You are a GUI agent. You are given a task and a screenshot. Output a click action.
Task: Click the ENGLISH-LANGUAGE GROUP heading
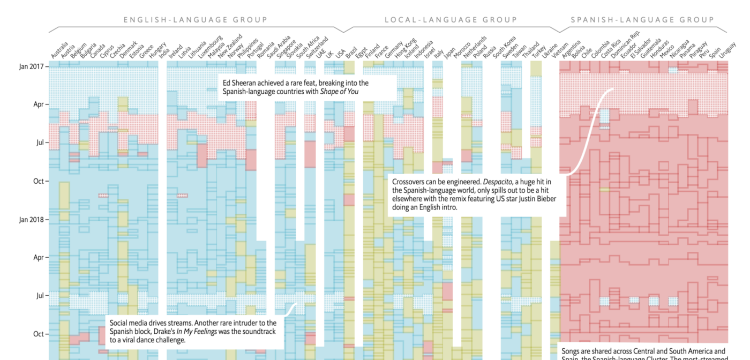[x=195, y=20]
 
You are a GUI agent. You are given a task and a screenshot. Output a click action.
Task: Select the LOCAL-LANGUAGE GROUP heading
[x=451, y=20]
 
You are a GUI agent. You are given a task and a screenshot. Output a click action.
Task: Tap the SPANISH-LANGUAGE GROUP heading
[x=642, y=20]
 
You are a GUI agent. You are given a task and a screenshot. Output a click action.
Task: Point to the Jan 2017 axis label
[x=31, y=66]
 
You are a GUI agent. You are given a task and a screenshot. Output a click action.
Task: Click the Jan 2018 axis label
[x=31, y=220]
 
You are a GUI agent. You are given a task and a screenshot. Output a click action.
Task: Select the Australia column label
[x=59, y=49]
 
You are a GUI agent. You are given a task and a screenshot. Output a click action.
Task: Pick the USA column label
[x=341, y=52]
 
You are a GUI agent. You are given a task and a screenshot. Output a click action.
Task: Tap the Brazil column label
[x=351, y=52]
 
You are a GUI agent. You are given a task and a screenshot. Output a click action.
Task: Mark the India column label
[x=163, y=52]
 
